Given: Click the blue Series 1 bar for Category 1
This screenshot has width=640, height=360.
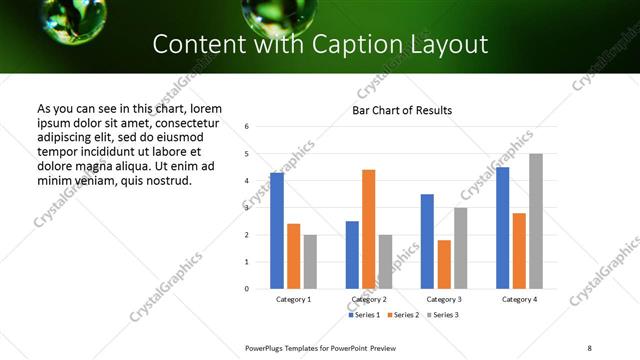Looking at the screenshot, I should [277, 231].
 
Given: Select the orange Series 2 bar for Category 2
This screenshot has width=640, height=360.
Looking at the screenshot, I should [368, 229].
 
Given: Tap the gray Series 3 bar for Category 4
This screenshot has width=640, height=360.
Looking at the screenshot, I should [536, 221].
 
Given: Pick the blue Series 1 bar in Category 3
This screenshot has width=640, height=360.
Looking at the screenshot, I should [427, 241].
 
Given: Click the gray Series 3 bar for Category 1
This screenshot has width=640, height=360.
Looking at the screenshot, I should [310, 262].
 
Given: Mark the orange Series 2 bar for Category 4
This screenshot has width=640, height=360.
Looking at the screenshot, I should [519, 251].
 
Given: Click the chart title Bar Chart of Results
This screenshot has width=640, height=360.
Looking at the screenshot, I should [402, 111].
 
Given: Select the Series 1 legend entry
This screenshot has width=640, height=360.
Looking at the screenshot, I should [364, 315].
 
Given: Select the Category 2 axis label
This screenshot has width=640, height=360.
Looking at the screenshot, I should [369, 299].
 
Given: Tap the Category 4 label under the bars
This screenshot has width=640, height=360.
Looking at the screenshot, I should [519, 299].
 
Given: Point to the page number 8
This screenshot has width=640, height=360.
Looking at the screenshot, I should [589, 347].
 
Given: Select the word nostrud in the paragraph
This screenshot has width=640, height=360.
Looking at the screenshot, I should [167, 180].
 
